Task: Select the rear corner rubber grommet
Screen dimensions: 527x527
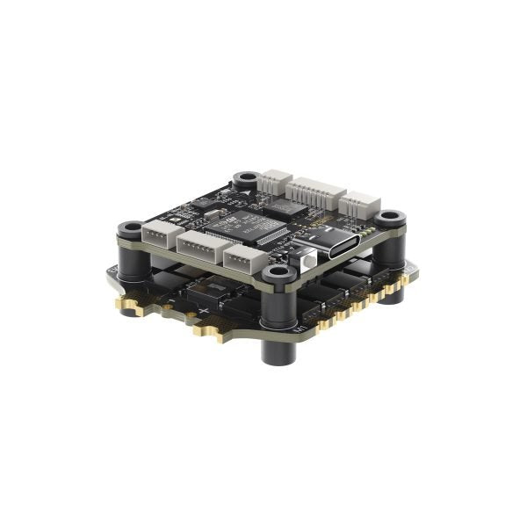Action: pyautogui.click(x=245, y=181)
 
